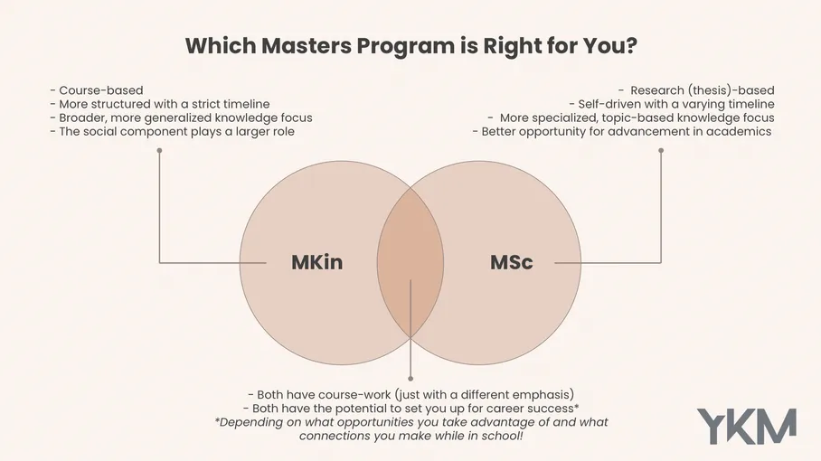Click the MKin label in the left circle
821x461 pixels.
coord(316,263)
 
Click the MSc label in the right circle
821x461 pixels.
coord(511,263)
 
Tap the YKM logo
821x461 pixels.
coord(746,426)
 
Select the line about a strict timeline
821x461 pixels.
coord(159,104)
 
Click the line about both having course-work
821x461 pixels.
coord(410,395)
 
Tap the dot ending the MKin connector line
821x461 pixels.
coord(159,150)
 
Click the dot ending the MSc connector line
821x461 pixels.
coord(661,150)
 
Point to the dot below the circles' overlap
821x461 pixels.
coord(410,378)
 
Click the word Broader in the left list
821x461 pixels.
coord(83,118)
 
